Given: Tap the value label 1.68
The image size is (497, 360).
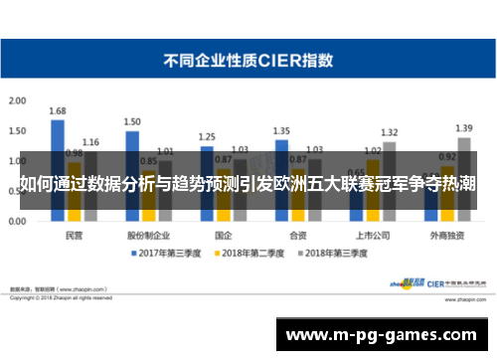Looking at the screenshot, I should coord(58,110).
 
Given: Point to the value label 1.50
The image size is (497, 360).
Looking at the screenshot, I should coord(132,121).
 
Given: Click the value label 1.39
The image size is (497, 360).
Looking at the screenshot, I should coord(463,128).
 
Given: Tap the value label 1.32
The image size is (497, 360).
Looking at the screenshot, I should coord(389,132).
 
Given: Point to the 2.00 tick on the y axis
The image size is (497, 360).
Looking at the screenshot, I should coord(17,101).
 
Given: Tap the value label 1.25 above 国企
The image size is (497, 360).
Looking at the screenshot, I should coord(207,136).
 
